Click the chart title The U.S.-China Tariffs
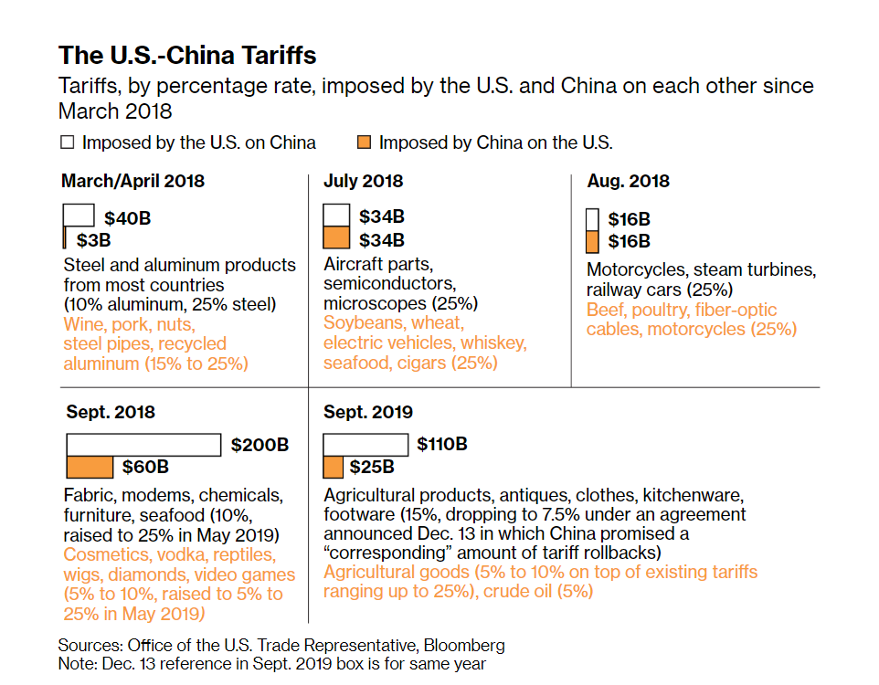tap(187, 55)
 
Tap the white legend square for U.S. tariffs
tap(66, 142)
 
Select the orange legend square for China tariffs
tap(364, 142)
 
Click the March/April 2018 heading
tap(132, 181)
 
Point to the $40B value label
tap(126, 218)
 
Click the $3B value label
tap(93, 240)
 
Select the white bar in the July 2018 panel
tap(336, 216)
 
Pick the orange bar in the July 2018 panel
tap(336, 239)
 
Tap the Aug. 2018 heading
tap(628, 181)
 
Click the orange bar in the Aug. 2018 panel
tap(592, 241)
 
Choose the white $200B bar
tap(143, 445)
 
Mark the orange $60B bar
tap(90, 467)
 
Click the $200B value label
tap(259, 446)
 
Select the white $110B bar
tap(365, 445)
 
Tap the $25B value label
tap(372, 468)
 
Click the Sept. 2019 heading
tap(368, 412)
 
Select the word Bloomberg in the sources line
tap(459, 645)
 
